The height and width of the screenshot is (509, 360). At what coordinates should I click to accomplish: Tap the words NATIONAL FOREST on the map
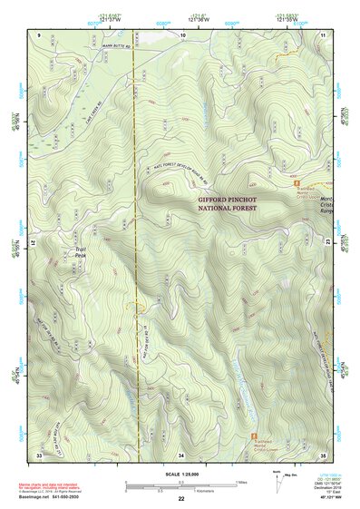[228, 208]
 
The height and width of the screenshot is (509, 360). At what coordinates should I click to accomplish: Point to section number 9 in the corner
[40, 34]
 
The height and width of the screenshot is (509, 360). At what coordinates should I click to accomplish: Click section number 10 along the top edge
[183, 34]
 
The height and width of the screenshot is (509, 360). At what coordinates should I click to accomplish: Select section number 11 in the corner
[323, 34]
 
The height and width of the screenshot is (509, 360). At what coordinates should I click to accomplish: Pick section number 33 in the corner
[39, 454]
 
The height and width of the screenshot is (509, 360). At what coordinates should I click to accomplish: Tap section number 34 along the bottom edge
[181, 454]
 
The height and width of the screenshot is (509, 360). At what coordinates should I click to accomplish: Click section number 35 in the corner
[323, 454]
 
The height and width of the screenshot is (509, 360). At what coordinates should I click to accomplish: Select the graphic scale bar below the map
[180, 484]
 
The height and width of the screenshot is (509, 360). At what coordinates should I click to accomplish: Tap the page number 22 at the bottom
[181, 498]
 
